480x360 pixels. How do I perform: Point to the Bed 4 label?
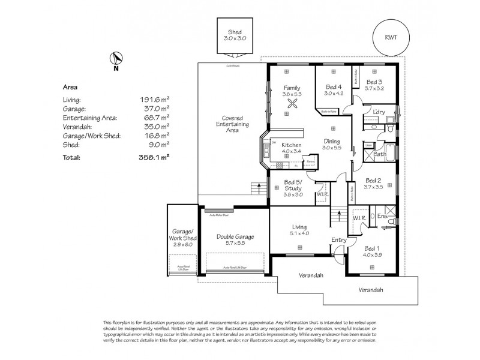coord(333,85)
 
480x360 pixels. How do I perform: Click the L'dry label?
coord(379,112)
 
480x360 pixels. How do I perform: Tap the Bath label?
coord(379,155)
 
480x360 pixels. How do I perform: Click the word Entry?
coord(339,240)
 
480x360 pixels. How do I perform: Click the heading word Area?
coord(70,86)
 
